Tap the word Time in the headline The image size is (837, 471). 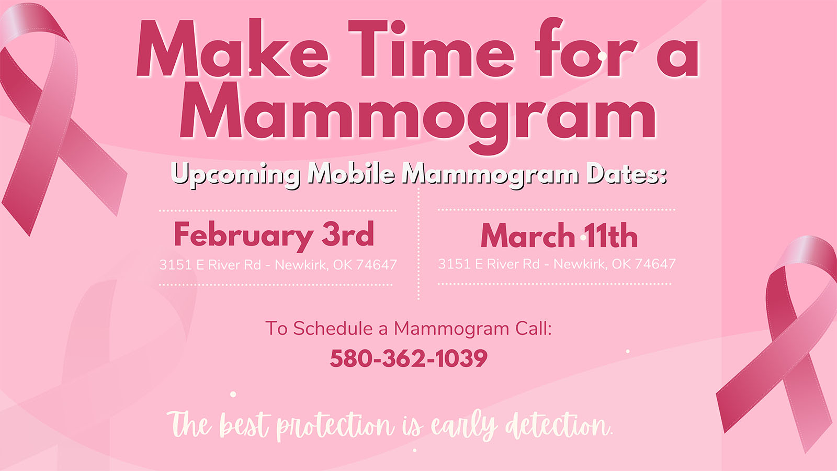(x=431, y=48)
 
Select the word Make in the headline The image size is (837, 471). (x=232, y=48)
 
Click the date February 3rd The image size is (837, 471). (x=274, y=235)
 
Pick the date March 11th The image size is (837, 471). (x=559, y=235)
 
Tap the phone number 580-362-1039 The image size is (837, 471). (x=409, y=358)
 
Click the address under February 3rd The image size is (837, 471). (x=278, y=265)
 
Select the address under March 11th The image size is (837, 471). (x=557, y=264)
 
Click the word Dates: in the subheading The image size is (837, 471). (x=626, y=174)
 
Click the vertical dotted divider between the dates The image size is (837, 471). (x=418, y=244)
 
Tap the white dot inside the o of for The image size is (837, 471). (x=602, y=56)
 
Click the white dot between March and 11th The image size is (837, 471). (x=583, y=238)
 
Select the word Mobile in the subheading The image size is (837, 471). (x=351, y=173)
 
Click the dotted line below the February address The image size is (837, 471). (x=276, y=285)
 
